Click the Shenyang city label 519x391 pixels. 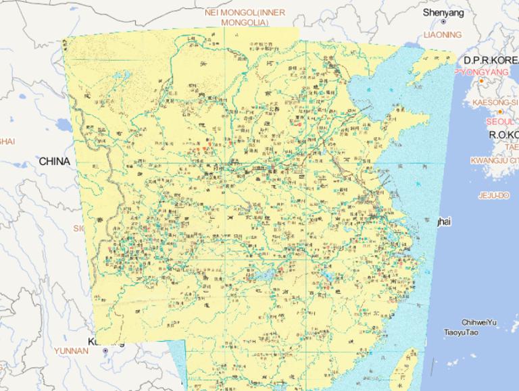443,12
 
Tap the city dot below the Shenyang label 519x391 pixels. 443,22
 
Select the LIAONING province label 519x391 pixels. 443,34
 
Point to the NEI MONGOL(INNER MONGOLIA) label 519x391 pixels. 245,17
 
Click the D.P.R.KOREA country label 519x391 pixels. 491,60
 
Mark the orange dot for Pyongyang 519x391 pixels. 481,81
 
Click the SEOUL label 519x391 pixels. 500,122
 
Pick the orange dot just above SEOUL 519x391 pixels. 500,111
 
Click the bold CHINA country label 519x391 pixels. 54,161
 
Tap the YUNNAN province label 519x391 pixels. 71,350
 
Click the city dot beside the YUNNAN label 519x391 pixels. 105,352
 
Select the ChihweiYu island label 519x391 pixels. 479,323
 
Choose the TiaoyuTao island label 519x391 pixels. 461,332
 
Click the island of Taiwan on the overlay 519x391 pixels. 405,368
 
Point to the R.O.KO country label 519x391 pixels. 503,134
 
